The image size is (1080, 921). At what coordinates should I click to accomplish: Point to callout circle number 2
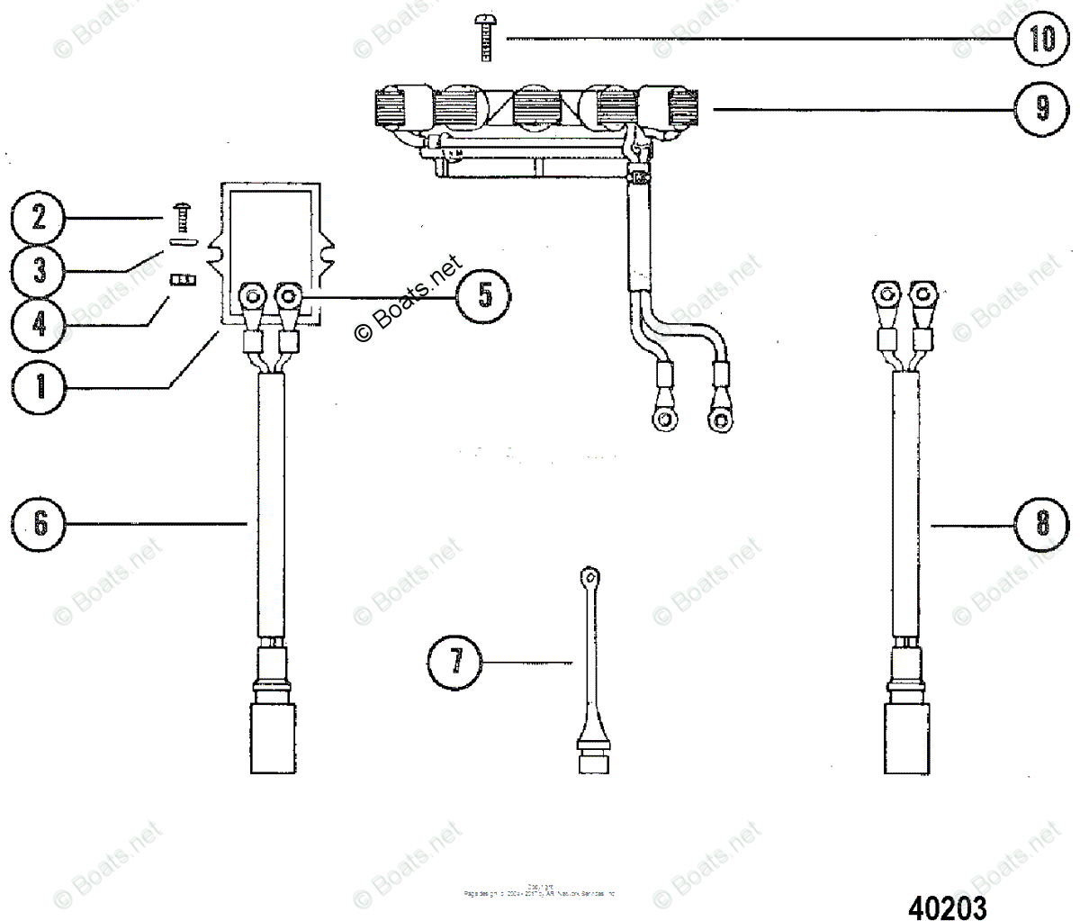[x=39, y=218]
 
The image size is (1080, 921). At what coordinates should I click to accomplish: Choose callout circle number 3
[x=39, y=270]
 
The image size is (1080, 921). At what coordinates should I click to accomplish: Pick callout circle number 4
[x=39, y=323]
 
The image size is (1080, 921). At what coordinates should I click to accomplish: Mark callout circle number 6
[x=39, y=523]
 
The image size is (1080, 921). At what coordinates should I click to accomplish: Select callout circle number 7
[x=455, y=663]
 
